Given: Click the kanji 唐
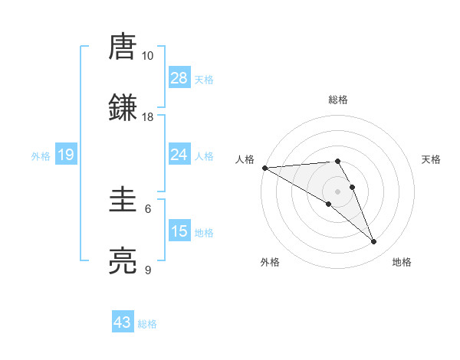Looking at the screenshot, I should pos(123,47).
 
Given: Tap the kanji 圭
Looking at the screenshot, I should pos(123,201).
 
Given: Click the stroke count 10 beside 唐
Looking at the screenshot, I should pos(147,56).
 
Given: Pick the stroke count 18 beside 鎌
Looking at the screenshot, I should pos(147,116).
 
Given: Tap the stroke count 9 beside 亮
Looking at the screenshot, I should pos(148,270).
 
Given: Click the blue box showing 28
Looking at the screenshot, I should pos(179,77).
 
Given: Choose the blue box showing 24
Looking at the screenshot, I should pos(179,155).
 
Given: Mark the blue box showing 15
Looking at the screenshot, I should pos(179,231).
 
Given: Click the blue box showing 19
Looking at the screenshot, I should pos(66,155).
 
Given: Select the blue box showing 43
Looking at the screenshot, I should pos(123,322).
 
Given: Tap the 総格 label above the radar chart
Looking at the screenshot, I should pos(338,100).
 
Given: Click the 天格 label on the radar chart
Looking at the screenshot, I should pos(432,159).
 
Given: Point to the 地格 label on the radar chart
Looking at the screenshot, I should pos(402,262).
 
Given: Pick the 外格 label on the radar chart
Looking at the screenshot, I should pos(270,262).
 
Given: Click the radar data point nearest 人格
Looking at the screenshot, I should pos(264,168).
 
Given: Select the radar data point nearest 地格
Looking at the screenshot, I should pos(374,241).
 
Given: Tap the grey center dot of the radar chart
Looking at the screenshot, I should pos(338,191).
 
